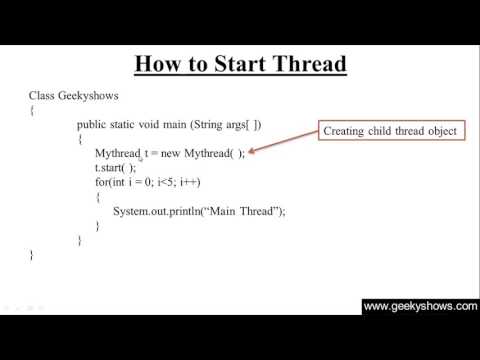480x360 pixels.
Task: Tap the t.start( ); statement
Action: point(115,168)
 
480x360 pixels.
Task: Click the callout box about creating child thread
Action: point(390,131)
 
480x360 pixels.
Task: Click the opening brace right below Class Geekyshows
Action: point(33,110)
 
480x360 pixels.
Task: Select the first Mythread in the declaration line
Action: point(117,153)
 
